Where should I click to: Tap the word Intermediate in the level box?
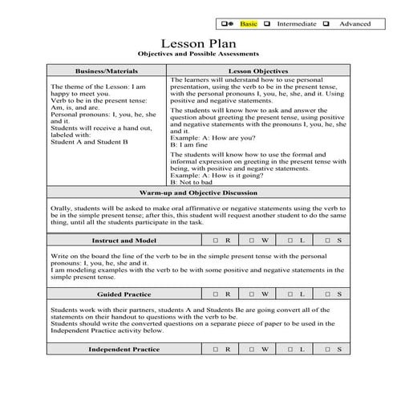click(x=294, y=23)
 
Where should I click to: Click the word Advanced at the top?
click(x=354, y=23)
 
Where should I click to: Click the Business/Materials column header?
click(x=107, y=71)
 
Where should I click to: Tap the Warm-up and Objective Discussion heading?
click(x=198, y=193)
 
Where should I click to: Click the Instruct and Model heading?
click(x=123, y=240)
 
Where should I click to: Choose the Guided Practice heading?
click(x=123, y=294)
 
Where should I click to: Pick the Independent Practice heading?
click(x=123, y=350)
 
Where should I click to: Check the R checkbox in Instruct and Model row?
click(x=217, y=240)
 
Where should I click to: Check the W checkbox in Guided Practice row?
click(x=253, y=294)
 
